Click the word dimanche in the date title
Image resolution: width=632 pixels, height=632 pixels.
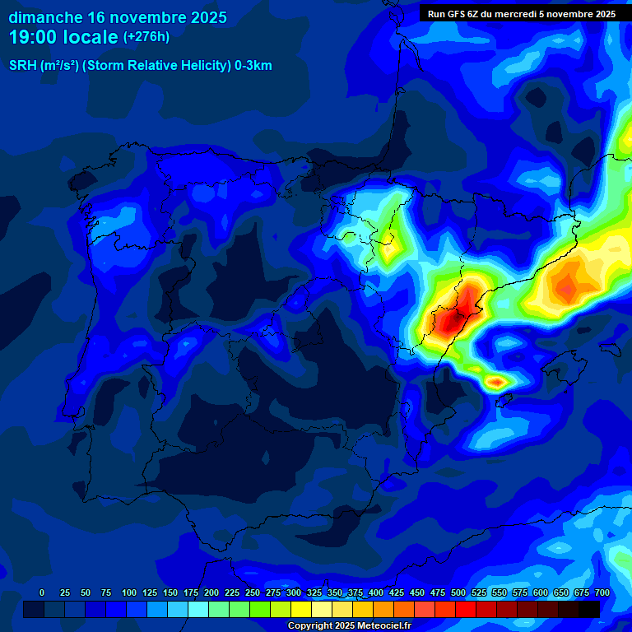(x=45, y=17)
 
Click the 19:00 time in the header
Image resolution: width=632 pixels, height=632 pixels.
(x=32, y=37)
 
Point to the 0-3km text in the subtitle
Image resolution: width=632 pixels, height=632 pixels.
(x=253, y=66)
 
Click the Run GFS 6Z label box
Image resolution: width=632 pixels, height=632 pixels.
(x=521, y=14)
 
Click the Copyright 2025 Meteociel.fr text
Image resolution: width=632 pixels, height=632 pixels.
(x=350, y=625)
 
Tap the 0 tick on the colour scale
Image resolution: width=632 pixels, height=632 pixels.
(x=42, y=592)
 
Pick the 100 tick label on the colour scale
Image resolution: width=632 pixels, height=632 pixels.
(x=129, y=592)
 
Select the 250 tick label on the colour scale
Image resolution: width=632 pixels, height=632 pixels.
(x=253, y=592)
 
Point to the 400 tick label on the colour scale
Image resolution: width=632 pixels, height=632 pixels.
(x=376, y=592)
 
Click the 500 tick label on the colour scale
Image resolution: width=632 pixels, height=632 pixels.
(x=458, y=592)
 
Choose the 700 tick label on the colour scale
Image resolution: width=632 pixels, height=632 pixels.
(x=602, y=592)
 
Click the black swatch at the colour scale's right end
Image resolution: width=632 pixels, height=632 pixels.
(x=589, y=609)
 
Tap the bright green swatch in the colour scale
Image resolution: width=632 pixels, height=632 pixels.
(x=260, y=609)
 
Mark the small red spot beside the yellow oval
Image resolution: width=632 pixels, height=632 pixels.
(x=496, y=382)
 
